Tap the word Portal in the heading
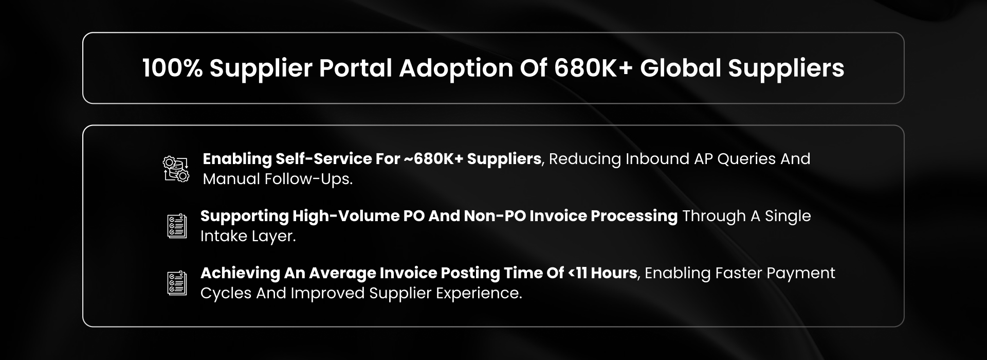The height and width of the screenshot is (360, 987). point(356,68)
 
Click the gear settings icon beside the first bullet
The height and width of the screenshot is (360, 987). point(176,169)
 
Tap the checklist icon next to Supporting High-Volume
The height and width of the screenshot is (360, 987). point(177,226)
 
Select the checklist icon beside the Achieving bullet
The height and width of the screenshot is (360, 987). point(177,283)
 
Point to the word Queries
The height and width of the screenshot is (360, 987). point(746,159)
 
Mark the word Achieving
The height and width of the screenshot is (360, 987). point(240,274)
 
